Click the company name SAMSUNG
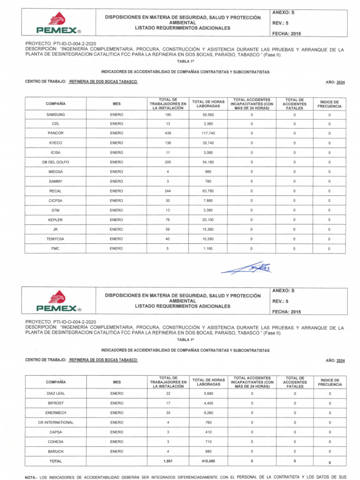pyautogui.click(x=55, y=114)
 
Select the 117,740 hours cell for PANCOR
pyautogui.click(x=208, y=133)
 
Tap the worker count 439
pyautogui.click(x=168, y=133)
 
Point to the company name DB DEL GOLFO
pyautogui.click(x=55, y=162)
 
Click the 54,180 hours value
pyautogui.click(x=208, y=162)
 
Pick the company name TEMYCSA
pyautogui.click(x=55, y=239)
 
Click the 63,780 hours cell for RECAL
pyautogui.click(x=208, y=191)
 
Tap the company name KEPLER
pyautogui.click(x=55, y=220)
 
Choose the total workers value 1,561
pyautogui.click(x=168, y=461)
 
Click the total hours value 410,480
pyautogui.click(x=208, y=461)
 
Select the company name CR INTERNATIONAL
pyautogui.click(x=55, y=422)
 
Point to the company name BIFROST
pyautogui.click(x=55, y=403)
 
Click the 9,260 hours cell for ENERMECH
pyautogui.click(x=208, y=413)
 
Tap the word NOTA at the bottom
pyautogui.click(x=30, y=477)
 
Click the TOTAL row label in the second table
pyautogui.click(x=55, y=461)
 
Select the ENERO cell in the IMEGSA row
pyautogui.click(x=117, y=172)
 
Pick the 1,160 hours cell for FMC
pyautogui.click(x=208, y=248)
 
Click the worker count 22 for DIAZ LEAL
pyautogui.click(x=168, y=393)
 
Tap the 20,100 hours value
pyautogui.click(x=208, y=220)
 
